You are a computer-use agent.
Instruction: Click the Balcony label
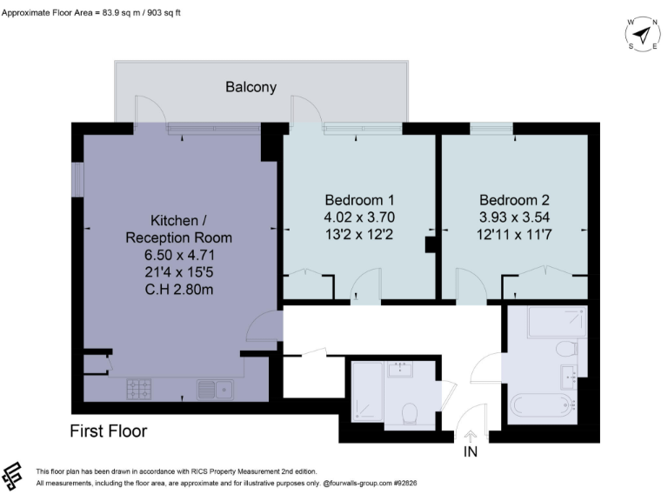click(250, 87)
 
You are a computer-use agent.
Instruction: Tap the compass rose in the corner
click(643, 34)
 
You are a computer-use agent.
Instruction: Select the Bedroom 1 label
click(359, 200)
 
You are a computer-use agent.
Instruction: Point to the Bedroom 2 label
click(514, 200)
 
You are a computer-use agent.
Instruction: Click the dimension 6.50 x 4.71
click(179, 255)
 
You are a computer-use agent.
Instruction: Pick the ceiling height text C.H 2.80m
click(179, 290)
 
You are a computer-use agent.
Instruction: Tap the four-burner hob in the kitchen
click(139, 390)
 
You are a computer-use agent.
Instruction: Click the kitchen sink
click(215, 390)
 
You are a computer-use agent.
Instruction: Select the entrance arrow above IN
click(471, 438)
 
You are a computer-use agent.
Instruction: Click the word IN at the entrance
click(471, 451)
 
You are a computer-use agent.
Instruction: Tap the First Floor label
click(108, 431)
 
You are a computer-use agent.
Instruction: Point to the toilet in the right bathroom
click(566, 349)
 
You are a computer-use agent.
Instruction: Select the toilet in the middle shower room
click(410, 413)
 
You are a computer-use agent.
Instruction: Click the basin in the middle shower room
click(400, 369)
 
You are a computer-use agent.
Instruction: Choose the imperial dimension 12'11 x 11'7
click(514, 234)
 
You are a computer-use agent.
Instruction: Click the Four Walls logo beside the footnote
click(12, 476)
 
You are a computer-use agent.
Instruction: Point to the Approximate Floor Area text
click(91, 13)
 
